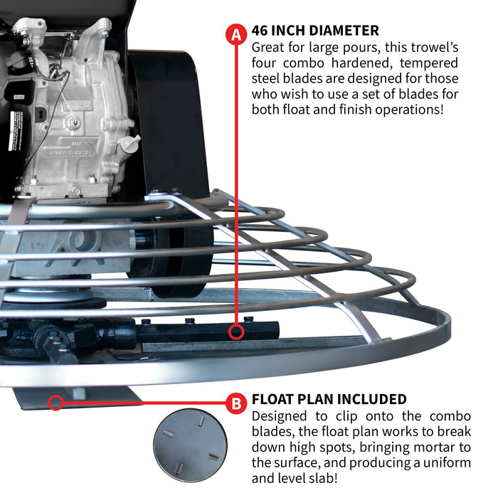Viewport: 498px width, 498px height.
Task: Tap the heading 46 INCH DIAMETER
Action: point(315,31)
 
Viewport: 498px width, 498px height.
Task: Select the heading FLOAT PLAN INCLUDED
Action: point(329,399)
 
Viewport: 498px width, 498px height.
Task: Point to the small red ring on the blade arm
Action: point(235,332)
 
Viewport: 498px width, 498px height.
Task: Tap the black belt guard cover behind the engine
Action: point(167,121)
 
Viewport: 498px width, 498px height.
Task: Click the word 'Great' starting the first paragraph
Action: point(269,46)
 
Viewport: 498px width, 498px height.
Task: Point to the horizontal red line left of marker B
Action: point(142,403)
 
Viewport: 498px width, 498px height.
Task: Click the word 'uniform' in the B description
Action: point(448,462)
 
